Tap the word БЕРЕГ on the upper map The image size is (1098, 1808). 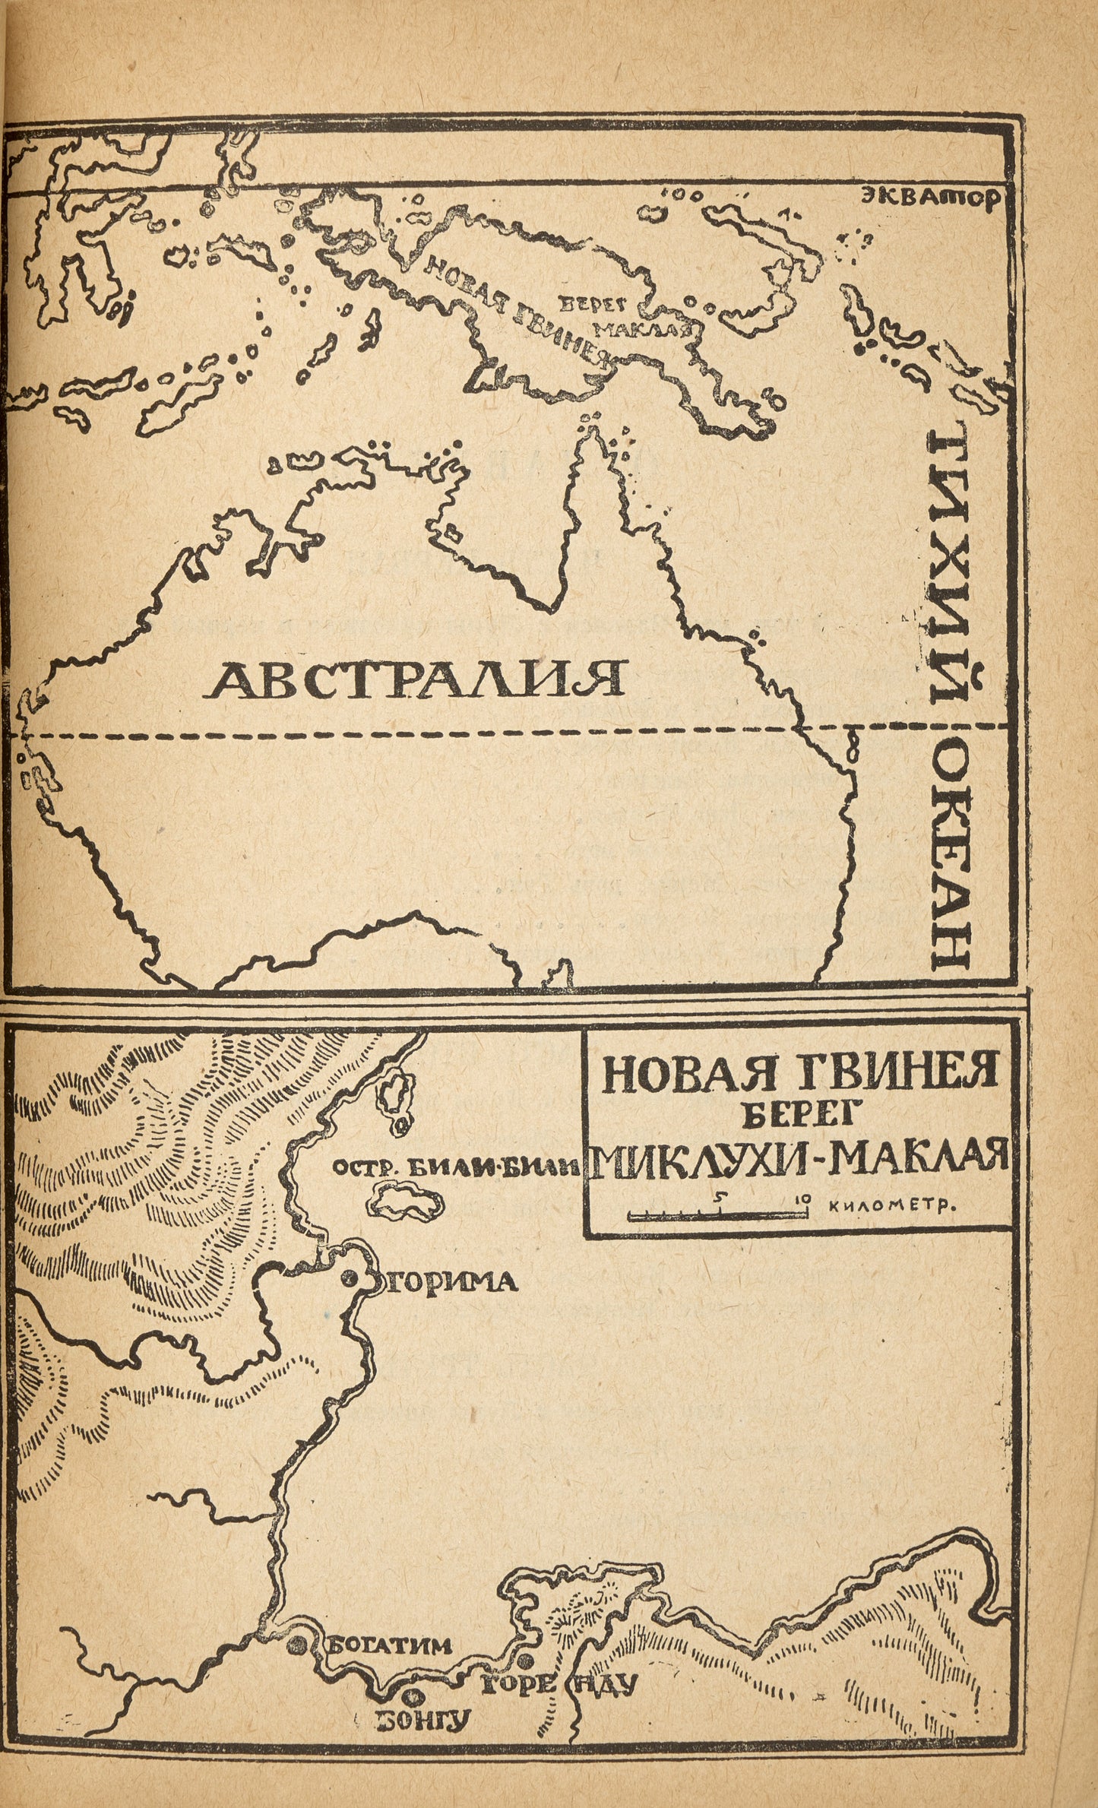592,304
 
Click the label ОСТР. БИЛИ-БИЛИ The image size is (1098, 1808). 454,1167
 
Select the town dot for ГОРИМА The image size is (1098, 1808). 350,1278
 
